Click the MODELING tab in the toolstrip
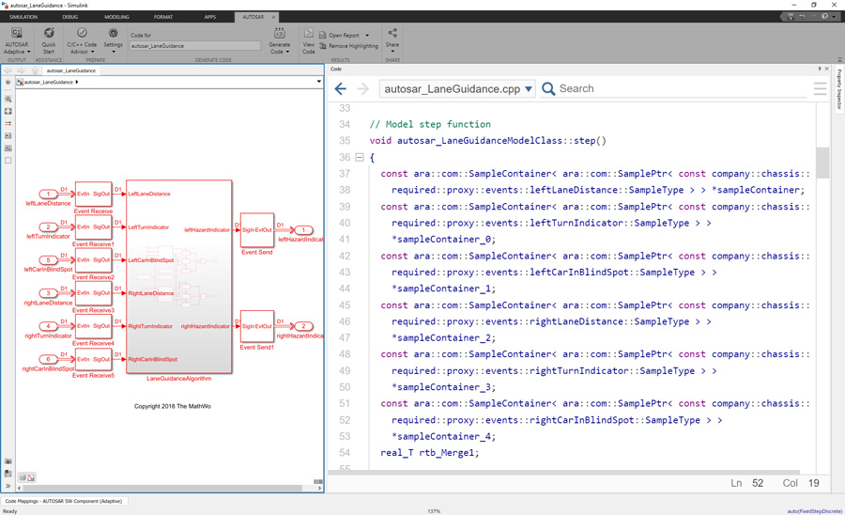click(x=116, y=17)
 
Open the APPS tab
click(x=209, y=17)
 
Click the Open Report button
click(x=344, y=35)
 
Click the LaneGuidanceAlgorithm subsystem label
click(x=178, y=379)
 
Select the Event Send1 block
click(x=256, y=326)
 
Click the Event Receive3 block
click(x=93, y=293)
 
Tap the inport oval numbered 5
click(x=49, y=260)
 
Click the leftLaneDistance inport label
click(x=48, y=203)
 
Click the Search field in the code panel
click(x=676, y=88)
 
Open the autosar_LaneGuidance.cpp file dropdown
click(x=529, y=89)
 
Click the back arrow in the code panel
click(x=341, y=89)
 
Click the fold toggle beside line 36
click(x=360, y=158)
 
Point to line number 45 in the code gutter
click(x=344, y=305)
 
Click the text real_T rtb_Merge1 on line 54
click(x=429, y=453)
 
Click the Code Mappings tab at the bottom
click(x=64, y=501)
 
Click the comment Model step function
click(x=429, y=124)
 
